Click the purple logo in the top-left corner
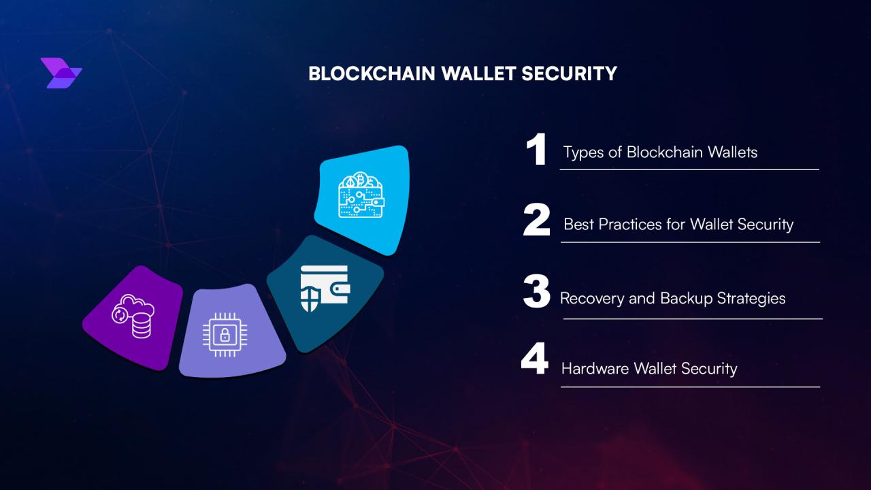click(x=61, y=73)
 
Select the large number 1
click(x=536, y=150)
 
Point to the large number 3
click(x=536, y=293)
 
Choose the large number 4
click(x=535, y=361)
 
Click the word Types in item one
click(x=584, y=152)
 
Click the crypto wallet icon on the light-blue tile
click(x=361, y=195)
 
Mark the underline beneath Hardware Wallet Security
click(x=690, y=387)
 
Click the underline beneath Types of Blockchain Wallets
click(x=689, y=169)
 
